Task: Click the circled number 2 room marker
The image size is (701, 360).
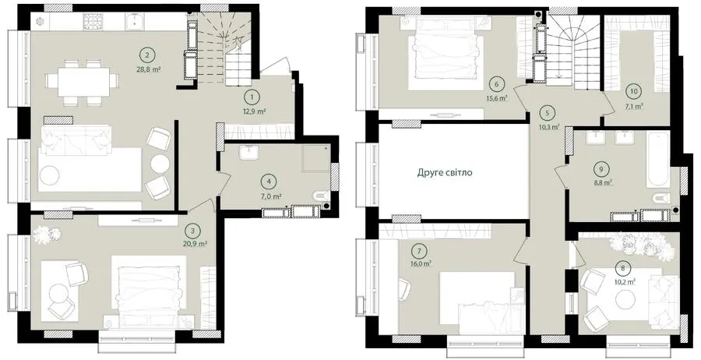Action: [x=147, y=55]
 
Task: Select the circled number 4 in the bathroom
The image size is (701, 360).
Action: [x=268, y=182]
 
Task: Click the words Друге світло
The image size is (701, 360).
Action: [x=445, y=173]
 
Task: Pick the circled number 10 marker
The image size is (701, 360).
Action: [x=634, y=91]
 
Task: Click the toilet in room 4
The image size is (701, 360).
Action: [x=322, y=196]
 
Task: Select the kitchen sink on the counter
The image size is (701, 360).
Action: [x=134, y=21]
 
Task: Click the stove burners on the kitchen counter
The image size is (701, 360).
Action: [x=93, y=21]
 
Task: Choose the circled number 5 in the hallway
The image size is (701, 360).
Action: [x=548, y=113]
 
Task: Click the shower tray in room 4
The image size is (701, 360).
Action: [x=316, y=158]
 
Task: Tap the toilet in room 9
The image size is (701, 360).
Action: [x=661, y=198]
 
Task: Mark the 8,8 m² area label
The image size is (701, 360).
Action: [x=603, y=182]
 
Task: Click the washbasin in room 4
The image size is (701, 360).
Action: [x=248, y=153]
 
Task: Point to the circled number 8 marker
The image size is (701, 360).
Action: [x=623, y=269]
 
